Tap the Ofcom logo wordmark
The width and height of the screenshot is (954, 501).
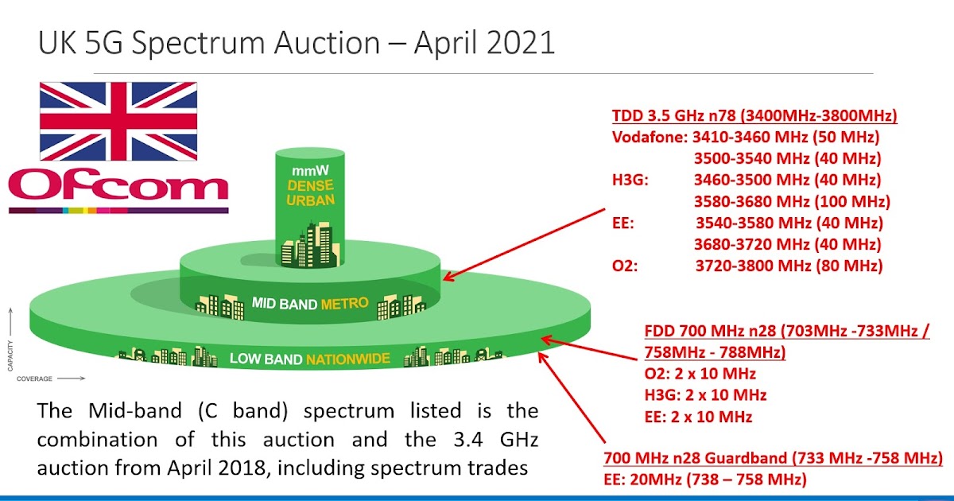click(118, 187)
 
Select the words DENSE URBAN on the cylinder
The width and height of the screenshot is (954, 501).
click(310, 192)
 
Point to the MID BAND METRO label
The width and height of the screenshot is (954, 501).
click(310, 303)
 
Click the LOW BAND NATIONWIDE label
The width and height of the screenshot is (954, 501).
click(310, 359)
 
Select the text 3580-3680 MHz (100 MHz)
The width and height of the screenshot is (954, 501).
click(792, 201)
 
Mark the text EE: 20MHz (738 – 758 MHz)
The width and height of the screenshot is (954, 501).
click(705, 480)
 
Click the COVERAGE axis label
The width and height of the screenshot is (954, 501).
click(36, 379)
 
